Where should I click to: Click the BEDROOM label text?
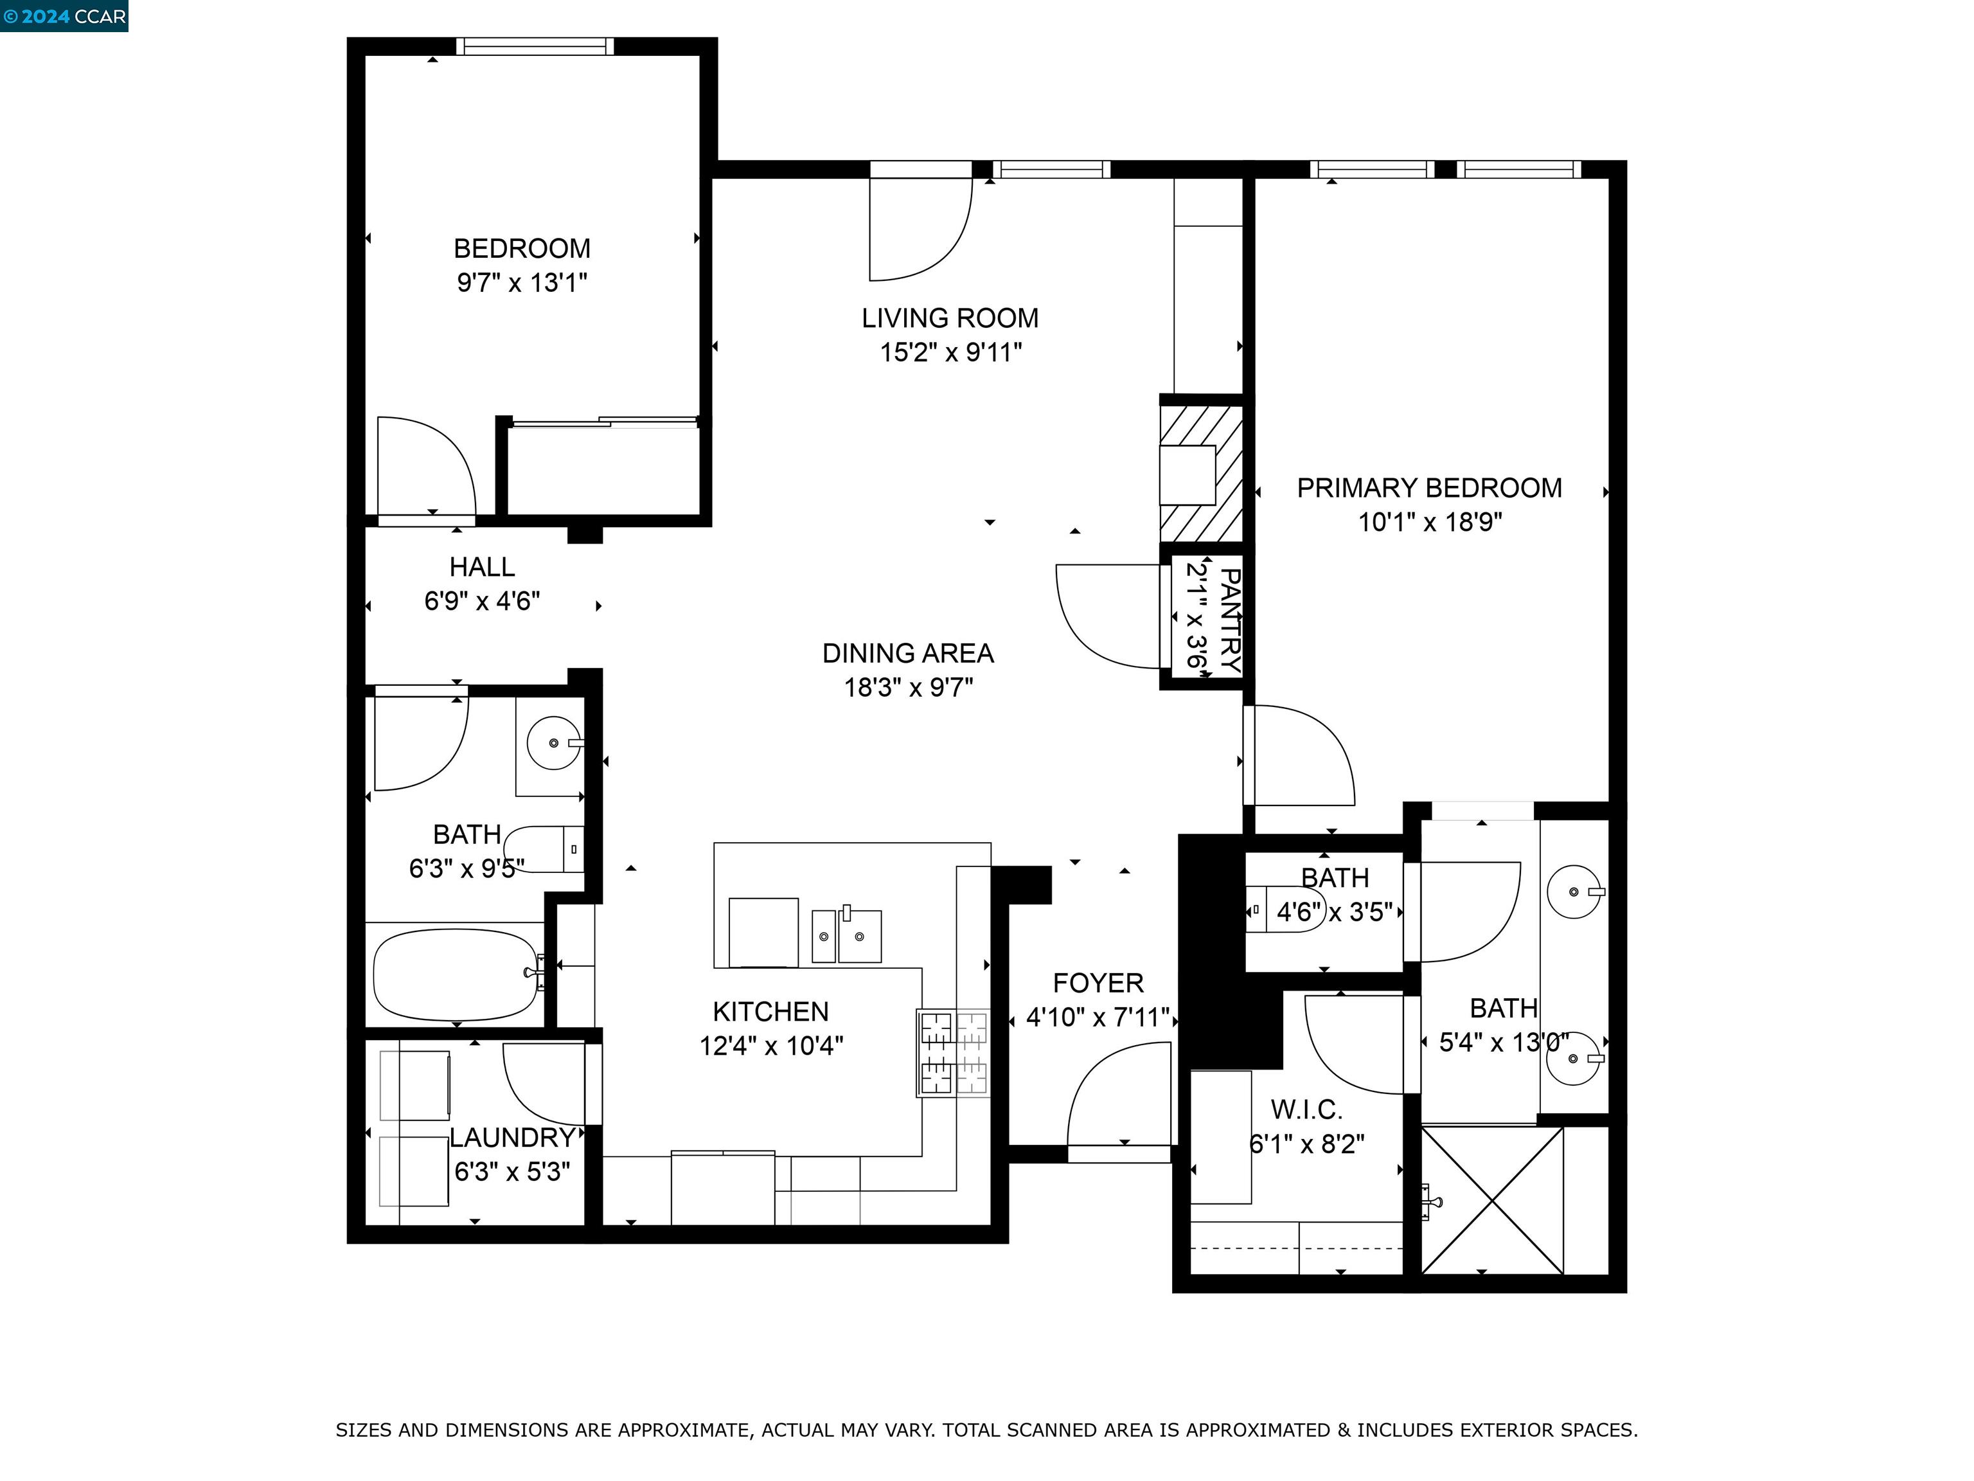[521, 248]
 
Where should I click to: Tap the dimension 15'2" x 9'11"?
[950, 353]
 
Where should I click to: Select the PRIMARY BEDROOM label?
[1428, 489]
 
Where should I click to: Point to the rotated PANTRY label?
[1229, 620]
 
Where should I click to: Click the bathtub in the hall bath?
[455, 975]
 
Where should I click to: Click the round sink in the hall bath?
[553, 742]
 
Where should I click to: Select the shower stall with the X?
[1491, 1200]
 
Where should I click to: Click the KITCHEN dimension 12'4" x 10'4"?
[771, 1045]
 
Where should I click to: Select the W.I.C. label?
[1306, 1109]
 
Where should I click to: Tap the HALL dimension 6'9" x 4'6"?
[482, 602]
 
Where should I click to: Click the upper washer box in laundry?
[415, 1084]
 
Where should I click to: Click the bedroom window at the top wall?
[535, 46]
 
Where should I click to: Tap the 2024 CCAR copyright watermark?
[64, 16]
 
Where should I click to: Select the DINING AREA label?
[907, 654]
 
